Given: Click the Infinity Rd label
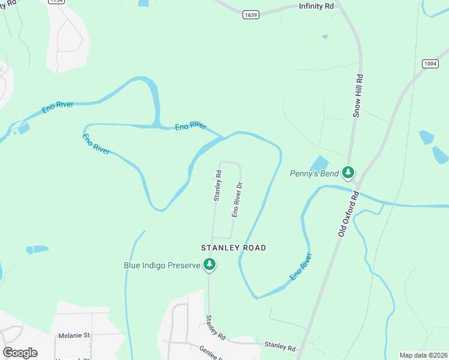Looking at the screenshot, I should click(x=316, y=7).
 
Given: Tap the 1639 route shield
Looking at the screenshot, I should click(x=251, y=14).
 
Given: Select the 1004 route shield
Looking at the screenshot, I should click(x=430, y=63).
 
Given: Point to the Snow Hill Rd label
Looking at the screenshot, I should click(x=359, y=98).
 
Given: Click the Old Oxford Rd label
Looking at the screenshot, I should click(x=348, y=214).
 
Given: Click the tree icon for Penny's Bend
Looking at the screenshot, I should click(x=348, y=173).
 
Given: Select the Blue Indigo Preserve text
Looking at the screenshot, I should click(x=161, y=265).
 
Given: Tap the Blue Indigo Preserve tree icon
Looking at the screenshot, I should click(x=209, y=264).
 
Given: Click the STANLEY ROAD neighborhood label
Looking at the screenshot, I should click(x=234, y=247).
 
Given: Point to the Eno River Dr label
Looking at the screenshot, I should click(x=237, y=200).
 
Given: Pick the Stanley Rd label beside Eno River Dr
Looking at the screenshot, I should click(x=218, y=185).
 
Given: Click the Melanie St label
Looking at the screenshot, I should click(x=74, y=335).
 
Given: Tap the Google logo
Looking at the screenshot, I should click(x=20, y=353).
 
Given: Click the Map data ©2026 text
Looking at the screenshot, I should click(x=423, y=355).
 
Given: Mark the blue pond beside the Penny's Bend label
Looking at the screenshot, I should click(x=319, y=163).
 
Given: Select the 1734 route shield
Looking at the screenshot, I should click(x=57, y=1).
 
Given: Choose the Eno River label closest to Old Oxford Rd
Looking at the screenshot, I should click(x=301, y=267).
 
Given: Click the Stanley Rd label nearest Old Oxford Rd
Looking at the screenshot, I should click(x=280, y=347).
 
